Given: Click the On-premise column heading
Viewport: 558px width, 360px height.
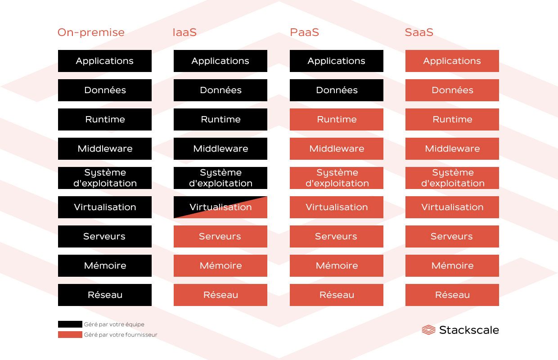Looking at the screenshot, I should pyautogui.click(x=91, y=32).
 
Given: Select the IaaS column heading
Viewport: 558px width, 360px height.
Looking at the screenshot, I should pyautogui.click(x=184, y=32).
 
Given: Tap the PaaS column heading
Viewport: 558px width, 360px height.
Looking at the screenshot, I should pyautogui.click(x=305, y=32).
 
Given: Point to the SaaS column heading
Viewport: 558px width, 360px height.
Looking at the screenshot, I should pyautogui.click(x=419, y=32).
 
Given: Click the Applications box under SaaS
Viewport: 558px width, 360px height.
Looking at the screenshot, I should pyautogui.click(x=452, y=61).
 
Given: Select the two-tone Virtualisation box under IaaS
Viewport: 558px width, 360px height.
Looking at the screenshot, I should pyautogui.click(x=220, y=207).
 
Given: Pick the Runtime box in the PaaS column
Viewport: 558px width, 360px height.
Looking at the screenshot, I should pyautogui.click(x=337, y=119).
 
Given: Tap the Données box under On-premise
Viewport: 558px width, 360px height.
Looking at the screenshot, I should pyautogui.click(x=105, y=90).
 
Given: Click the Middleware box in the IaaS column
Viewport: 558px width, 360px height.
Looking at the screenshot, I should pyautogui.click(x=220, y=148).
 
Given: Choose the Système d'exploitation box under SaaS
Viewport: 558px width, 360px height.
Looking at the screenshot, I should pyautogui.click(x=452, y=178).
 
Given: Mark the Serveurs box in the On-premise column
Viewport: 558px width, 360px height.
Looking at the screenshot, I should pyautogui.click(x=105, y=236).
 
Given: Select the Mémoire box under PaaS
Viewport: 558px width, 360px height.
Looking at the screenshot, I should pyautogui.click(x=337, y=265).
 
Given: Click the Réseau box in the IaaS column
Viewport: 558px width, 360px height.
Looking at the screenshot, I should pyautogui.click(x=220, y=295).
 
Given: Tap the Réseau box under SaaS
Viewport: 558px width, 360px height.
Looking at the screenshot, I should pyautogui.click(x=452, y=295).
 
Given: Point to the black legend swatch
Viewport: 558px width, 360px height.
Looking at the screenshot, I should pyautogui.click(x=70, y=324).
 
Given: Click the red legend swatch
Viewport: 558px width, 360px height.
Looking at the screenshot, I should pyautogui.click(x=70, y=335).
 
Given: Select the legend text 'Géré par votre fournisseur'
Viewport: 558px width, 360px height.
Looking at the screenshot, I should pyautogui.click(x=121, y=335).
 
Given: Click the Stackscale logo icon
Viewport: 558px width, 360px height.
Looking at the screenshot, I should pyautogui.click(x=428, y=330).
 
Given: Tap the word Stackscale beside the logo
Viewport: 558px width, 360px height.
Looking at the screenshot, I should pyautogui.click(x=469, y=330).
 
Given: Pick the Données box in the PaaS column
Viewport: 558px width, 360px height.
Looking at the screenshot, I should pyautogui.click(x=337, y=90).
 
